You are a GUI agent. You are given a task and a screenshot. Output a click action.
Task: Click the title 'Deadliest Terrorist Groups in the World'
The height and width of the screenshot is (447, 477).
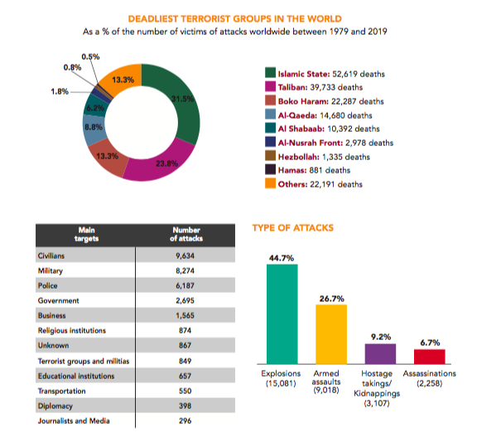pos(238,18)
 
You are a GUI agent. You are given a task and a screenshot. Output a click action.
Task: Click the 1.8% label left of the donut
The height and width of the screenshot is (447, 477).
pos(59,91)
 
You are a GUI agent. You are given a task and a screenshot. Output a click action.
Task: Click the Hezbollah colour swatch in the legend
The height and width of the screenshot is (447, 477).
pos(270,156)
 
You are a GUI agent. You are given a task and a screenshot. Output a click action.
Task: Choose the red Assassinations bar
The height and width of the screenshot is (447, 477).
pos(429,356)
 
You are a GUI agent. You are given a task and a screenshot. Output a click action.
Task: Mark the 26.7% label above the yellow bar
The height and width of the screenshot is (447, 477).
pos(331,296)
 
